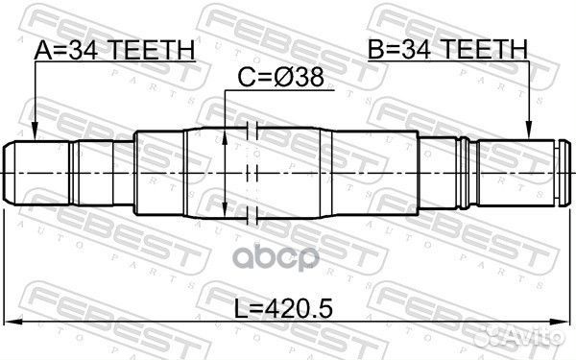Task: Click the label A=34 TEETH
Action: [x=114, y=50]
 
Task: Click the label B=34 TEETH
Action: [x=447, y=49]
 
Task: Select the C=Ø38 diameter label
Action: [x=280, y=77]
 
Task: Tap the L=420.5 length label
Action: [x=283, y=307]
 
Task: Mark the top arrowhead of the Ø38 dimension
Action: [x=225, y=136]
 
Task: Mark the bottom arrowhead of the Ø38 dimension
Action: [x=225, y=210]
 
